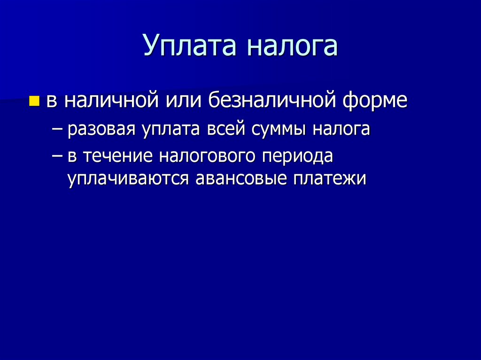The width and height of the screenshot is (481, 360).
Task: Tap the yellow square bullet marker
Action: point(34,100)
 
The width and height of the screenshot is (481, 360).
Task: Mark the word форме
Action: point(374,100)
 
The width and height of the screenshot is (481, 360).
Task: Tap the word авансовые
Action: point(240,179)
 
